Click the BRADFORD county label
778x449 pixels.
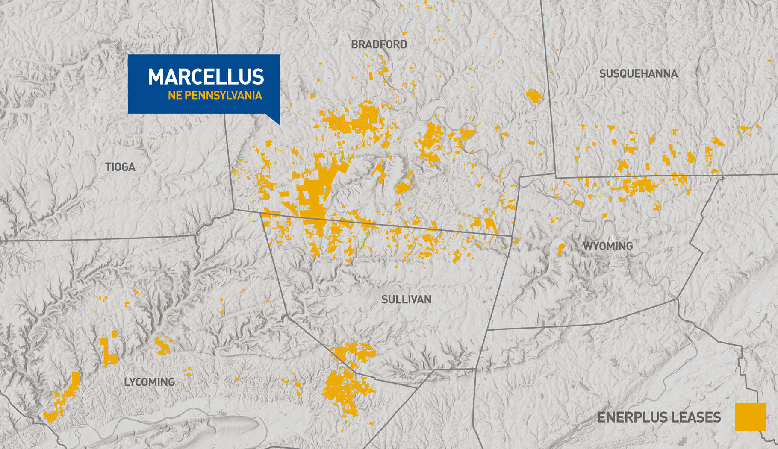[x=379, y=44]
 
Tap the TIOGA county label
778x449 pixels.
[x=120, y=167]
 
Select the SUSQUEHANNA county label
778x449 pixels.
[x=638, y=74]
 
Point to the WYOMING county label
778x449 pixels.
[x=607, y=246]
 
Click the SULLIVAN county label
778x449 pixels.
[x=406, y=299]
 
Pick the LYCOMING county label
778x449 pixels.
[x=149, y=382]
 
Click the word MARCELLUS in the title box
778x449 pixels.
[x=206, y=77]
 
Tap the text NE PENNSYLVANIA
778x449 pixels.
[x=215, y=95]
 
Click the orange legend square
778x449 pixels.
[x=750, y=417]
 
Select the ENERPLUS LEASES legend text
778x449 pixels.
[x=659, y=417]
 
